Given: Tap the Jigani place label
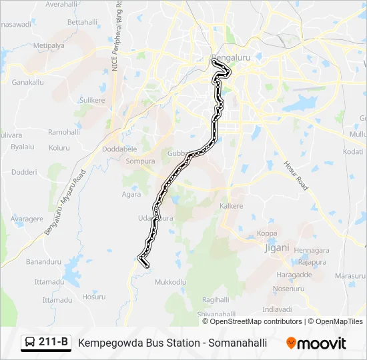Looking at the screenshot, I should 276,247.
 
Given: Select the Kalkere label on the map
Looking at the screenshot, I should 232,206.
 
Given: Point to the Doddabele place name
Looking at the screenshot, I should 119,149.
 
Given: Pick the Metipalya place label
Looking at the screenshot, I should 49,45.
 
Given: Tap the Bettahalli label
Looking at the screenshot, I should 83,22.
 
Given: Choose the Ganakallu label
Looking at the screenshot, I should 28,83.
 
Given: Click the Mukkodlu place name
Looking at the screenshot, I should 170,282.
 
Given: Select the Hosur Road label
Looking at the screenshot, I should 294,175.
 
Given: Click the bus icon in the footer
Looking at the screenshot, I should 30,343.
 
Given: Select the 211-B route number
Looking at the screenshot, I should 53,343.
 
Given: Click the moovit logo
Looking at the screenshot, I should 316,343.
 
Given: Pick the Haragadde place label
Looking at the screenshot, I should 294,275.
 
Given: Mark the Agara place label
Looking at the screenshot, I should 131,195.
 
